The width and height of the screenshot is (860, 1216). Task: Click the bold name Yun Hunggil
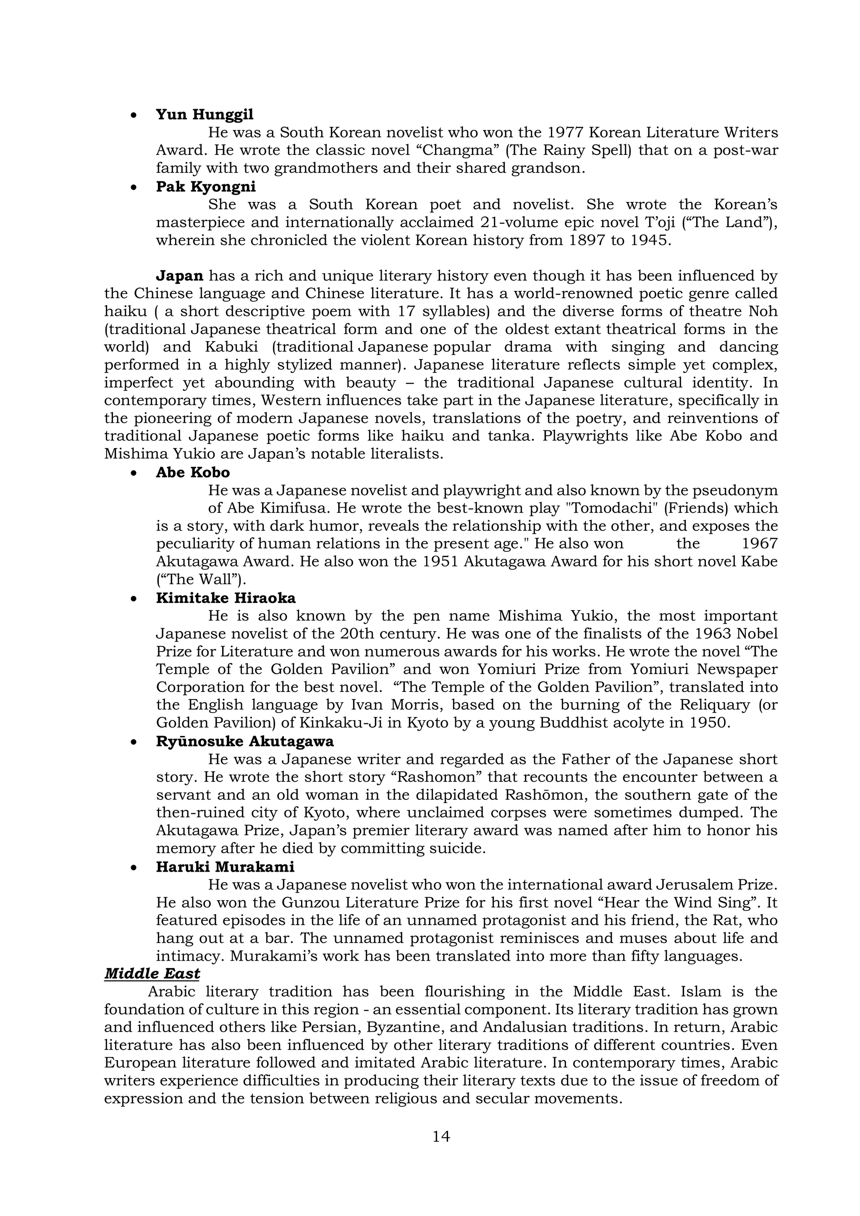coord(205,114)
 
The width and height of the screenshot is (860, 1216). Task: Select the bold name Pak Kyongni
coord(205,186)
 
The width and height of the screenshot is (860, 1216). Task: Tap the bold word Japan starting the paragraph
coord(180,276)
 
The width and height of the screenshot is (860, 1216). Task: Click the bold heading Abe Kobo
coord(193,472)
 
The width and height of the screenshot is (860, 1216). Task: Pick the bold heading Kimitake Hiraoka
coord(225,598)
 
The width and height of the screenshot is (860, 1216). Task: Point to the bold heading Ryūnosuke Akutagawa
coord(245,742)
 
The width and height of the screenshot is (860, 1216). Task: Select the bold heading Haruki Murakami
coord(225,867)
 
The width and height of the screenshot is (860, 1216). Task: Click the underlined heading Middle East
coord(152,973)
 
